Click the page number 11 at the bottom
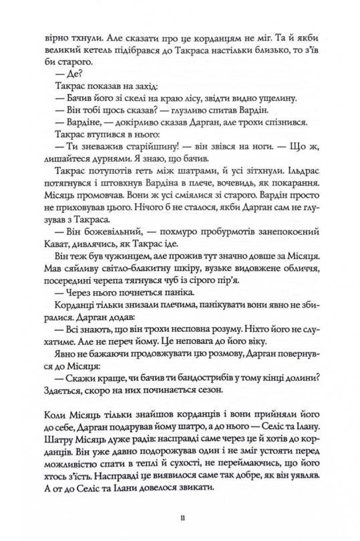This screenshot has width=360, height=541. coord(180,516)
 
